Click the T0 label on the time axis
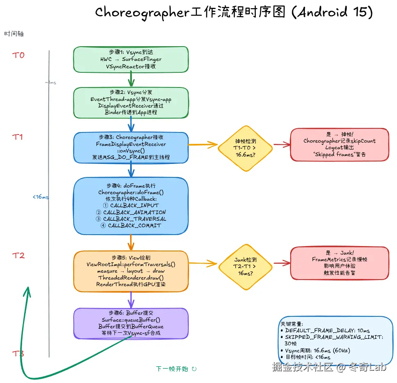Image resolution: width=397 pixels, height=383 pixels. (18, 55)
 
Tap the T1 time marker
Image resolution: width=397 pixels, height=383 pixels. (17, 137)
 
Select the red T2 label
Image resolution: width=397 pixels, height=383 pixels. (18, 255)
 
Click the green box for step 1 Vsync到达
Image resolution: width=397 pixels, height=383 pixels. (131, 59)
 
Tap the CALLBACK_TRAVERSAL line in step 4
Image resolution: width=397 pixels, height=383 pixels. (131, 219)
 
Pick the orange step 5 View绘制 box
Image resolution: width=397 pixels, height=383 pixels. (131, 271)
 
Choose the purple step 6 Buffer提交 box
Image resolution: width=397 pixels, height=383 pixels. (131, 323)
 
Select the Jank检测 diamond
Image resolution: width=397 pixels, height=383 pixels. (245, 267)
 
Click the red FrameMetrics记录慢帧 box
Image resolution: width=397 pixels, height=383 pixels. (340, 263)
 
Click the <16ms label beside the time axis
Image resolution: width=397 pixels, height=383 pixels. (41, 197)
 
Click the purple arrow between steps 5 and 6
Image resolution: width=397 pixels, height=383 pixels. (131, 300)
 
